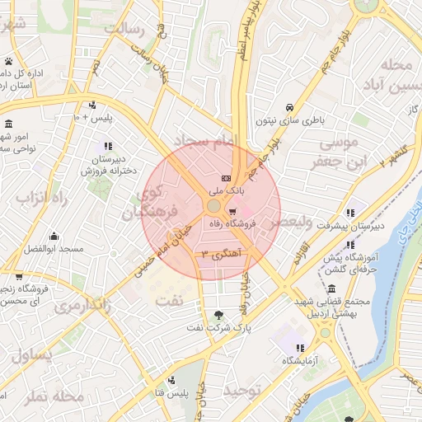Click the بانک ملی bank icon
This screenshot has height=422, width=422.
[x=226, y=179]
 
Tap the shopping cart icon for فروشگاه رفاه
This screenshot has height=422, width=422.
[x=243, y=211]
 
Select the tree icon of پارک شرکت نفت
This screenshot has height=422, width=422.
[x=218, y=315]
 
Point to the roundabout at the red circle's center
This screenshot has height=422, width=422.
[x=213, y=205]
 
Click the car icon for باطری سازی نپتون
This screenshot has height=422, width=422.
[x=289, y=108]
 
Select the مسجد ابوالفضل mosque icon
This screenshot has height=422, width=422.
[x=54, y=237]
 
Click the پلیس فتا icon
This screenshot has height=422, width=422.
[x=171, y=380]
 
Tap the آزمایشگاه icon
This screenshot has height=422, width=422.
[x=300, y=348]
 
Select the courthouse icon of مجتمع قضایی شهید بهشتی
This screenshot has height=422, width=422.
[x=331, y=289]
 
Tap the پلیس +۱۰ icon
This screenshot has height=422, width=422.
[x=91, y=105]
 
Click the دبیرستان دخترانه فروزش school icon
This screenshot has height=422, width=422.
[x=108, y=146]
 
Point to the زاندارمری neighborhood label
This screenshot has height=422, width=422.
[x=82, y=307]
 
